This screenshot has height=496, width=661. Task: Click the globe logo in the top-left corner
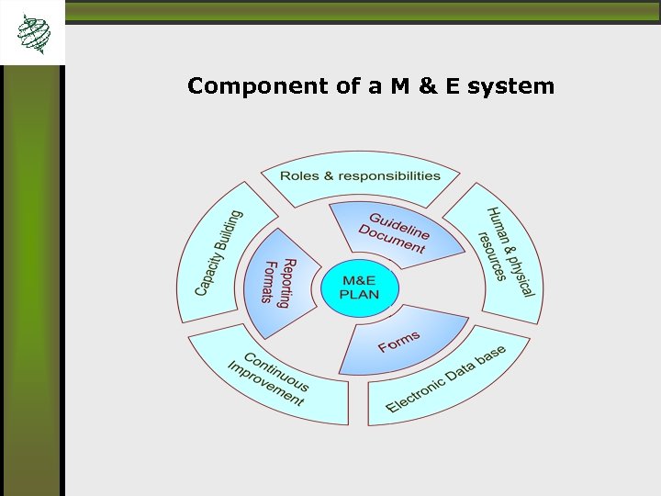point(34,33)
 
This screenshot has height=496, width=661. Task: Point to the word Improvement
point(265,385)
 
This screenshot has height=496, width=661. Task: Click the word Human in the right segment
point(499,229)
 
